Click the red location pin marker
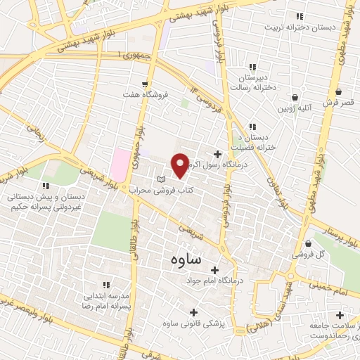coord(180,165)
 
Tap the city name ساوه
coord(186,259)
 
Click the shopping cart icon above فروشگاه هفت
coord(146,83)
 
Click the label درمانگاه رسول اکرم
coord(217,165)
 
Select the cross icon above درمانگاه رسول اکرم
coord(217,153)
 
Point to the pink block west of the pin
coord(120,165)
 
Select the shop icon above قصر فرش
coord(338,91)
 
